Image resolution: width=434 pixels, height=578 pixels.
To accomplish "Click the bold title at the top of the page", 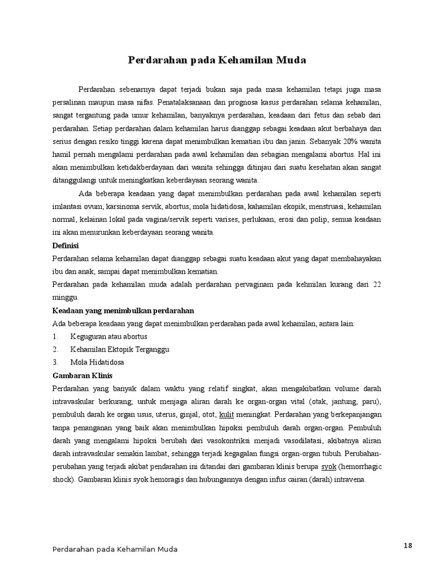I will [x=217, y=59].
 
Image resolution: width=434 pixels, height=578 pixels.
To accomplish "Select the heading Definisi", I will [x=65, y=246].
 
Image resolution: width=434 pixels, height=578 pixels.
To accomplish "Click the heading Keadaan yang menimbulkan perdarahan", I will [x=123, y=310].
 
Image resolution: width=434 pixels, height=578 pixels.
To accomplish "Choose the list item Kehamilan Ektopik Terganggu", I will [x=120, y=349].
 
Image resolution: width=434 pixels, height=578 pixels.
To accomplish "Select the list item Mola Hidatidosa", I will [x=97, y=362].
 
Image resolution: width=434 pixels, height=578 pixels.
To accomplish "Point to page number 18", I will [x=408, y=545].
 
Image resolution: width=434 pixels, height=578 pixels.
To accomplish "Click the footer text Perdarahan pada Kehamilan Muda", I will [x=115, y=549].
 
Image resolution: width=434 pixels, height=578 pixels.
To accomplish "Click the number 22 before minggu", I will [x=376, y=285].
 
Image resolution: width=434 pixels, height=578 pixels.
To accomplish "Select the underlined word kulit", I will [x=226, y=414].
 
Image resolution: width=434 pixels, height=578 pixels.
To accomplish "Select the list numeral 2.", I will [x=55, y=349].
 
